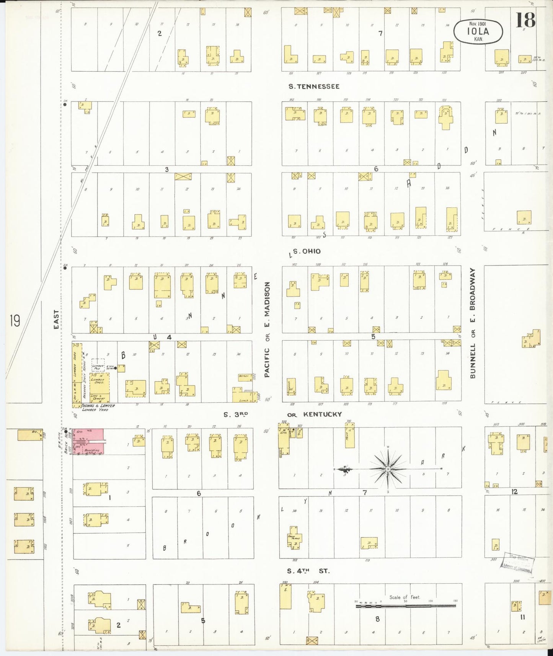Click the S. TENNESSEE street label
[313, 86]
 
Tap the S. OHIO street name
[306, 251]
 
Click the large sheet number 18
[525, 20]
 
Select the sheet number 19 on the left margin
[15, 320]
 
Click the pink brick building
[88, 442]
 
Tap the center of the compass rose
[388, 469]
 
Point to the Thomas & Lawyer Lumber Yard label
[96, 408]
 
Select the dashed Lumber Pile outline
[98, 366]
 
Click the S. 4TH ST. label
[308, 571]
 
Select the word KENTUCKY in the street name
[322, 414]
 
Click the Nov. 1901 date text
[478, 24]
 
